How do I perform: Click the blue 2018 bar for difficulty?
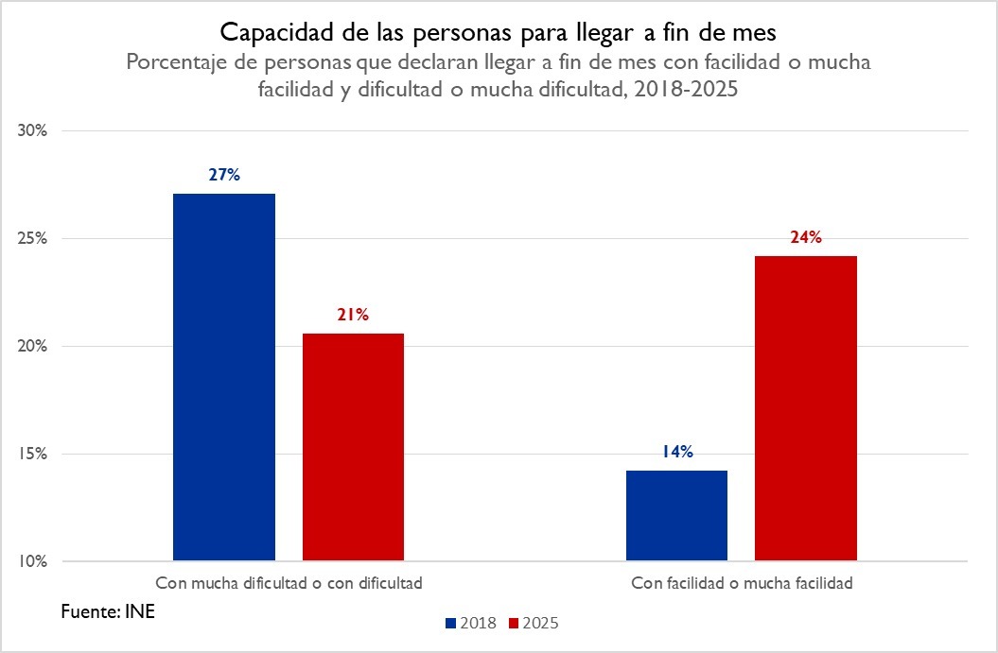(224, 378)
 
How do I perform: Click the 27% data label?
(225, 175)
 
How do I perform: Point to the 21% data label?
(353, 315)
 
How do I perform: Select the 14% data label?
(677, 452)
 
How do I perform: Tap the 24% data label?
(806, 237)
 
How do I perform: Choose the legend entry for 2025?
(534, 624)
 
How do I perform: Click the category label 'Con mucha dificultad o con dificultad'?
(289, 583)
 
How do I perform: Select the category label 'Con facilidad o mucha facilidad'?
(742, 583)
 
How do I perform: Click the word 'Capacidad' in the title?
(268, 32)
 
